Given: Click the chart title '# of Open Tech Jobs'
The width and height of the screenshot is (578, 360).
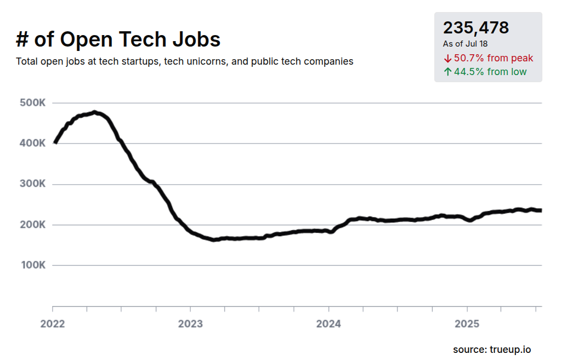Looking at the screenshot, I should pyautogui.click(x=118, y=39).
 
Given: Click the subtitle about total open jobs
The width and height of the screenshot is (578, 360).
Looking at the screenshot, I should pyautogui.click(x=185, y=61).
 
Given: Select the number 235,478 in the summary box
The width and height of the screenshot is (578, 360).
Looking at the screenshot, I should pyautogui.click(x=476, y=28).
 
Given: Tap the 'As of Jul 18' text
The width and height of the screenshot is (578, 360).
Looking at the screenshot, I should pyautogui.click(x=465, y=44).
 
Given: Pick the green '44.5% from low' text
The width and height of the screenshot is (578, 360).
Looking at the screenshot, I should pyautogui.click(x=490, y=72).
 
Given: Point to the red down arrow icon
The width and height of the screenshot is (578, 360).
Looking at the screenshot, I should pyautogui.click(x=447, y=58).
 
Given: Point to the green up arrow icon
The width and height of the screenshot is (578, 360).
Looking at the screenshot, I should pyautogui.click(x=447, y=72).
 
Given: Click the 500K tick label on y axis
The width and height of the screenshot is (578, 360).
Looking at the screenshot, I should pyautogui.click(x=32, y=103).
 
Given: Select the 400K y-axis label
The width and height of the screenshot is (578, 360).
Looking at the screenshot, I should pyautogui.click(x=32, y=144).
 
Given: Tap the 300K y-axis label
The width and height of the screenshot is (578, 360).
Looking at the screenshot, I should pyautogui.click(x=32, y=184).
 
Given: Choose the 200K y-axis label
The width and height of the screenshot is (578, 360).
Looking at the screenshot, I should pyautogui.click(x=32, y=225).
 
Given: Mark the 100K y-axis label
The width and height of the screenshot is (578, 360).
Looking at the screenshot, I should pyautogui.click(x=32, y=265).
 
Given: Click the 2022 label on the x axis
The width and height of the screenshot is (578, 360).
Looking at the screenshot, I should pyautogui.click(x=53, y=324).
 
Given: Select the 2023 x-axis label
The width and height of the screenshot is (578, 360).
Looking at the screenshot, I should pyautogui.click(x=190, y=324).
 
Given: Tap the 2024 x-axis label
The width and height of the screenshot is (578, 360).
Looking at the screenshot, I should pyautogui.click(x=328, y=324).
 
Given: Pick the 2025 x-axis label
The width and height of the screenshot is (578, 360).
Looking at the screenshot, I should pyautogui.click(x=467, y=324).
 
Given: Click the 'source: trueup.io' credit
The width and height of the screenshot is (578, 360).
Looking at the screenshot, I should pyautogui.click(x=491, y=349).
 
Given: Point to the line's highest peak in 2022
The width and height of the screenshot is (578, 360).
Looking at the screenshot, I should pyautogui.click(x=95, y=112).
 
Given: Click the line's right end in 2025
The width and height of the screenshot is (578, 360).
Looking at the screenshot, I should pyautogui.click(x=540, y=210).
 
